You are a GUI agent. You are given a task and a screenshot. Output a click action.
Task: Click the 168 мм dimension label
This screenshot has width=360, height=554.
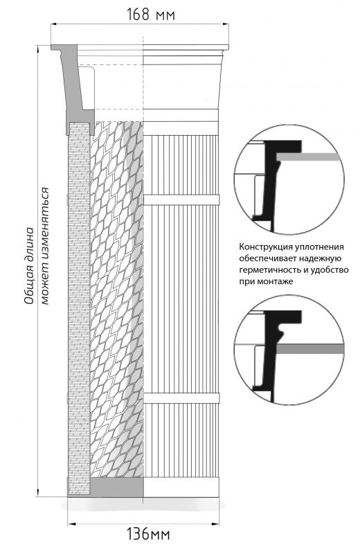point(151,15)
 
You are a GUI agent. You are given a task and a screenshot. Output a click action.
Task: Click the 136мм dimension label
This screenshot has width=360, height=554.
point(148,534)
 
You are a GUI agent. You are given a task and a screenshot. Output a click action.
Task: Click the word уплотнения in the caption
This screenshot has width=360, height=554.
point(320,247)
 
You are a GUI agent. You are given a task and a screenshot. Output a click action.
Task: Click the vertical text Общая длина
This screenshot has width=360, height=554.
point(30,266)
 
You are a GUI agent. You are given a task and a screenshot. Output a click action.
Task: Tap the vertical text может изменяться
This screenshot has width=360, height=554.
point(45,246)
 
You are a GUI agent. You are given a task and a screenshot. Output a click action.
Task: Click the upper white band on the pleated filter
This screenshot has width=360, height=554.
point(181,199)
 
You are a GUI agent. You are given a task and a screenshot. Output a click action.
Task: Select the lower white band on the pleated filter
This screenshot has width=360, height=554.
point(181,397)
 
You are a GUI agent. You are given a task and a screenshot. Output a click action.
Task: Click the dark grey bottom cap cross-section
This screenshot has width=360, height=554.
point(116,488)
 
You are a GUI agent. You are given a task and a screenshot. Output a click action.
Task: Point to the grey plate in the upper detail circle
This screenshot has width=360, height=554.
point(309,157)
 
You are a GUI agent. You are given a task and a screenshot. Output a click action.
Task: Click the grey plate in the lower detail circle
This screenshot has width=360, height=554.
point(309,349)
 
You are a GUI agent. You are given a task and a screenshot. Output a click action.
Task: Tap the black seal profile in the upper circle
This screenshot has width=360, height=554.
point(273,184)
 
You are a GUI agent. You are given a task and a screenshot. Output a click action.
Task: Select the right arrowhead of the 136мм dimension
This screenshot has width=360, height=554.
point(216,524)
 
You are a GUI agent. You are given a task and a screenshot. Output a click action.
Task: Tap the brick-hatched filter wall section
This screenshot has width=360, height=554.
point(79,307)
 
